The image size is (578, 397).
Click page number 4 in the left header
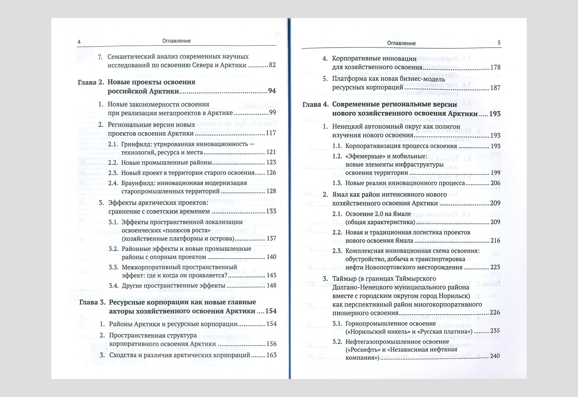coord(79,41)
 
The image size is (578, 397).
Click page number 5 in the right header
coord(499,43)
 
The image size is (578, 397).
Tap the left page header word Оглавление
coord(177,41)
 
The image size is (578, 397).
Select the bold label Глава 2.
coord(91,82)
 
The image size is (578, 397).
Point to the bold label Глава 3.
coord(92,302)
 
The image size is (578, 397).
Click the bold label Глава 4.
coord(315,104)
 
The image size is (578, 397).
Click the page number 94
coord(272,91)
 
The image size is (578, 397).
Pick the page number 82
coord(272,65)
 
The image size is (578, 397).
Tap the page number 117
coord(271,133)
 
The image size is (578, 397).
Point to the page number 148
coord(271,285)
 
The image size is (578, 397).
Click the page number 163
coord(271,355)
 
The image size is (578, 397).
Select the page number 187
coord(495,88)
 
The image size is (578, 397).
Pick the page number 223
coord(495,267)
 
